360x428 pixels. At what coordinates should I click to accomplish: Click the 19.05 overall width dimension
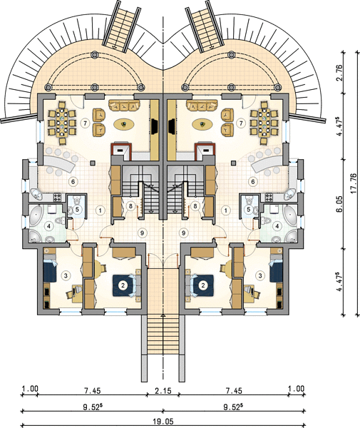163,422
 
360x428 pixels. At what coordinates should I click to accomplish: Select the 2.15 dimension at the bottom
163,391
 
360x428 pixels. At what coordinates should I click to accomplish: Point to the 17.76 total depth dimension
354,184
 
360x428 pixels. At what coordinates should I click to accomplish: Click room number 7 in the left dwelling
86,123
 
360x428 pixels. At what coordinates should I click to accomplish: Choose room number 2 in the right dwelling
202,285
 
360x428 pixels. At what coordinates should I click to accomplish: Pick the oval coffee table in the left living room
124,124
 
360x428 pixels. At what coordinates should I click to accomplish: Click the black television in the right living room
172,126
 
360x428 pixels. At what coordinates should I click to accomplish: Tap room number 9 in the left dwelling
142,233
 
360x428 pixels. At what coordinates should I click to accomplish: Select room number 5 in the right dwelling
249,210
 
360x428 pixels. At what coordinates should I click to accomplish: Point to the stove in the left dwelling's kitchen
58,197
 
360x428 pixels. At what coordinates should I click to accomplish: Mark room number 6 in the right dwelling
253,181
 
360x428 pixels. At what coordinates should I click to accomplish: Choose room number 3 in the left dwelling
66,275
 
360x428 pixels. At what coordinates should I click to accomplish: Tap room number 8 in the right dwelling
195,206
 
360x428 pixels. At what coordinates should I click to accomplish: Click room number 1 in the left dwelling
101,210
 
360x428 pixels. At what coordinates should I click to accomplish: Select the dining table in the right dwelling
264,123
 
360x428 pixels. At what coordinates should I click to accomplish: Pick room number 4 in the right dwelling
277,226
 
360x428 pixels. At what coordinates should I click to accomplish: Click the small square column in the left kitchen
93,163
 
